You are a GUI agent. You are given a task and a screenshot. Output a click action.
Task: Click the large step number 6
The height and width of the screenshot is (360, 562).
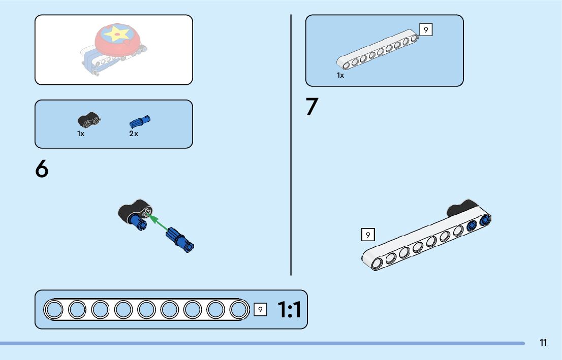pyautogui.click(x=42, y=169)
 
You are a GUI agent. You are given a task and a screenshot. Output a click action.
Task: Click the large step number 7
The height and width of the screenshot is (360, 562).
pyautogui.click(x=311, y=107)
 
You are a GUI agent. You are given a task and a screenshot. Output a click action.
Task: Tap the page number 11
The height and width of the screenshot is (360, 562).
pyautogui.click(x=543, y=343)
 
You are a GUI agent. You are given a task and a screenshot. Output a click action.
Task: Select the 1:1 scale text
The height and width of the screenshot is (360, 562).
pyautogui.click(x=289, y=310)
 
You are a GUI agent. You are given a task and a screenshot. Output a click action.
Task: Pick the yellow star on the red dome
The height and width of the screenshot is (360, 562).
pyautogui.click(x=117, y=35)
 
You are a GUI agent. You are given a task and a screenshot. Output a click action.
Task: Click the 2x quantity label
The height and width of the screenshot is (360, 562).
pyautogui.click(x=133, y=134)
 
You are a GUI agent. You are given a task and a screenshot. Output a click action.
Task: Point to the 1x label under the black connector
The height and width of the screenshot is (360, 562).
pyautogui.click(x=81, y=134)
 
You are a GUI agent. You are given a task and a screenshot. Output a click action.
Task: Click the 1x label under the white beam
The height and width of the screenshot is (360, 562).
pyautogui.click(x=340, y=75)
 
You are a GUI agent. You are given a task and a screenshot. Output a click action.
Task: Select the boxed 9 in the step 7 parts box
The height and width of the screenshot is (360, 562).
pyautogui.click(x=426, y=30)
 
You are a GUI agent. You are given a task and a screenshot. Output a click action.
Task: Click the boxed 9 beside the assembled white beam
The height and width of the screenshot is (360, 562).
pyautogui.click(x=368, y=235)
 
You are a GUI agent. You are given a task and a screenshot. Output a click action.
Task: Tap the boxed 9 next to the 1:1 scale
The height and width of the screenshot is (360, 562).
pyautogui.click(x=260, y=309)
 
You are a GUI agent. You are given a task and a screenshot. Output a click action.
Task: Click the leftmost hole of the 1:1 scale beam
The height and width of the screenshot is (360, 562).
pyautogui.click(x=53, y=309)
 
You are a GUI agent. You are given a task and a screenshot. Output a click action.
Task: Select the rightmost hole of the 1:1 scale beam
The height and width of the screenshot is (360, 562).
pyautogui.click(x=239, y=309)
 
